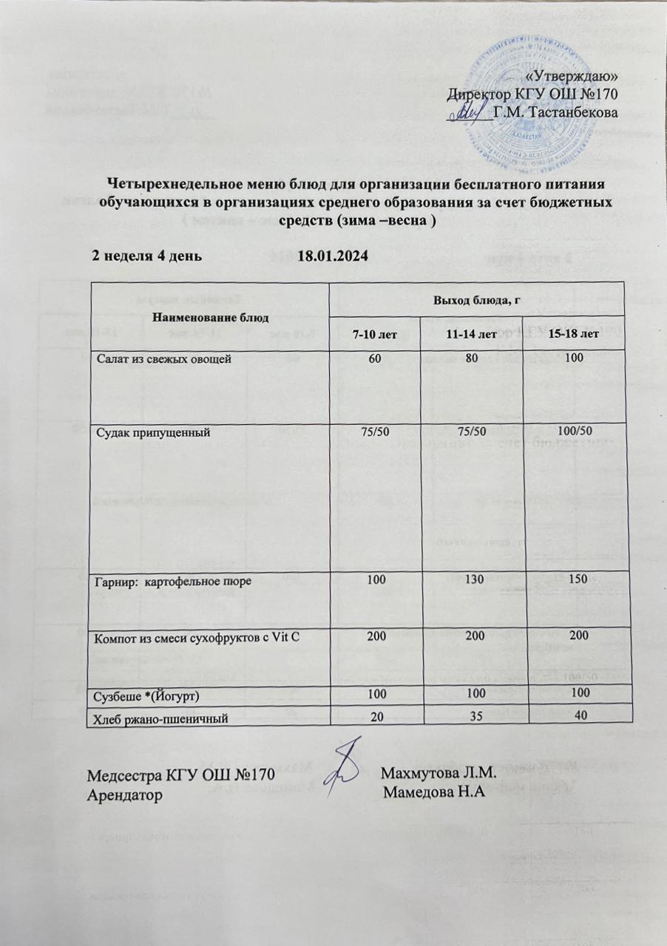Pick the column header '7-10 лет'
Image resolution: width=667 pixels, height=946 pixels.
375,334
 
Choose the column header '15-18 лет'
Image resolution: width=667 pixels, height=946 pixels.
574,334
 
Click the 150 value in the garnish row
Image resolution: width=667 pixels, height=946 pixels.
576,582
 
